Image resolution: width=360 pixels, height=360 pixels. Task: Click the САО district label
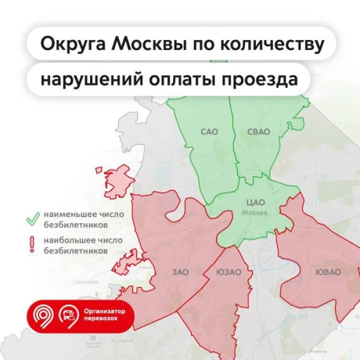210,131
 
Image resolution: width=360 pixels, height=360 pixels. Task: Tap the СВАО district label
257,131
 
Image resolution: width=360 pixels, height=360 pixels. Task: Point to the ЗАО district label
180,272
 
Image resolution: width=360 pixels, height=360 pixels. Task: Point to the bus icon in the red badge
70,315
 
